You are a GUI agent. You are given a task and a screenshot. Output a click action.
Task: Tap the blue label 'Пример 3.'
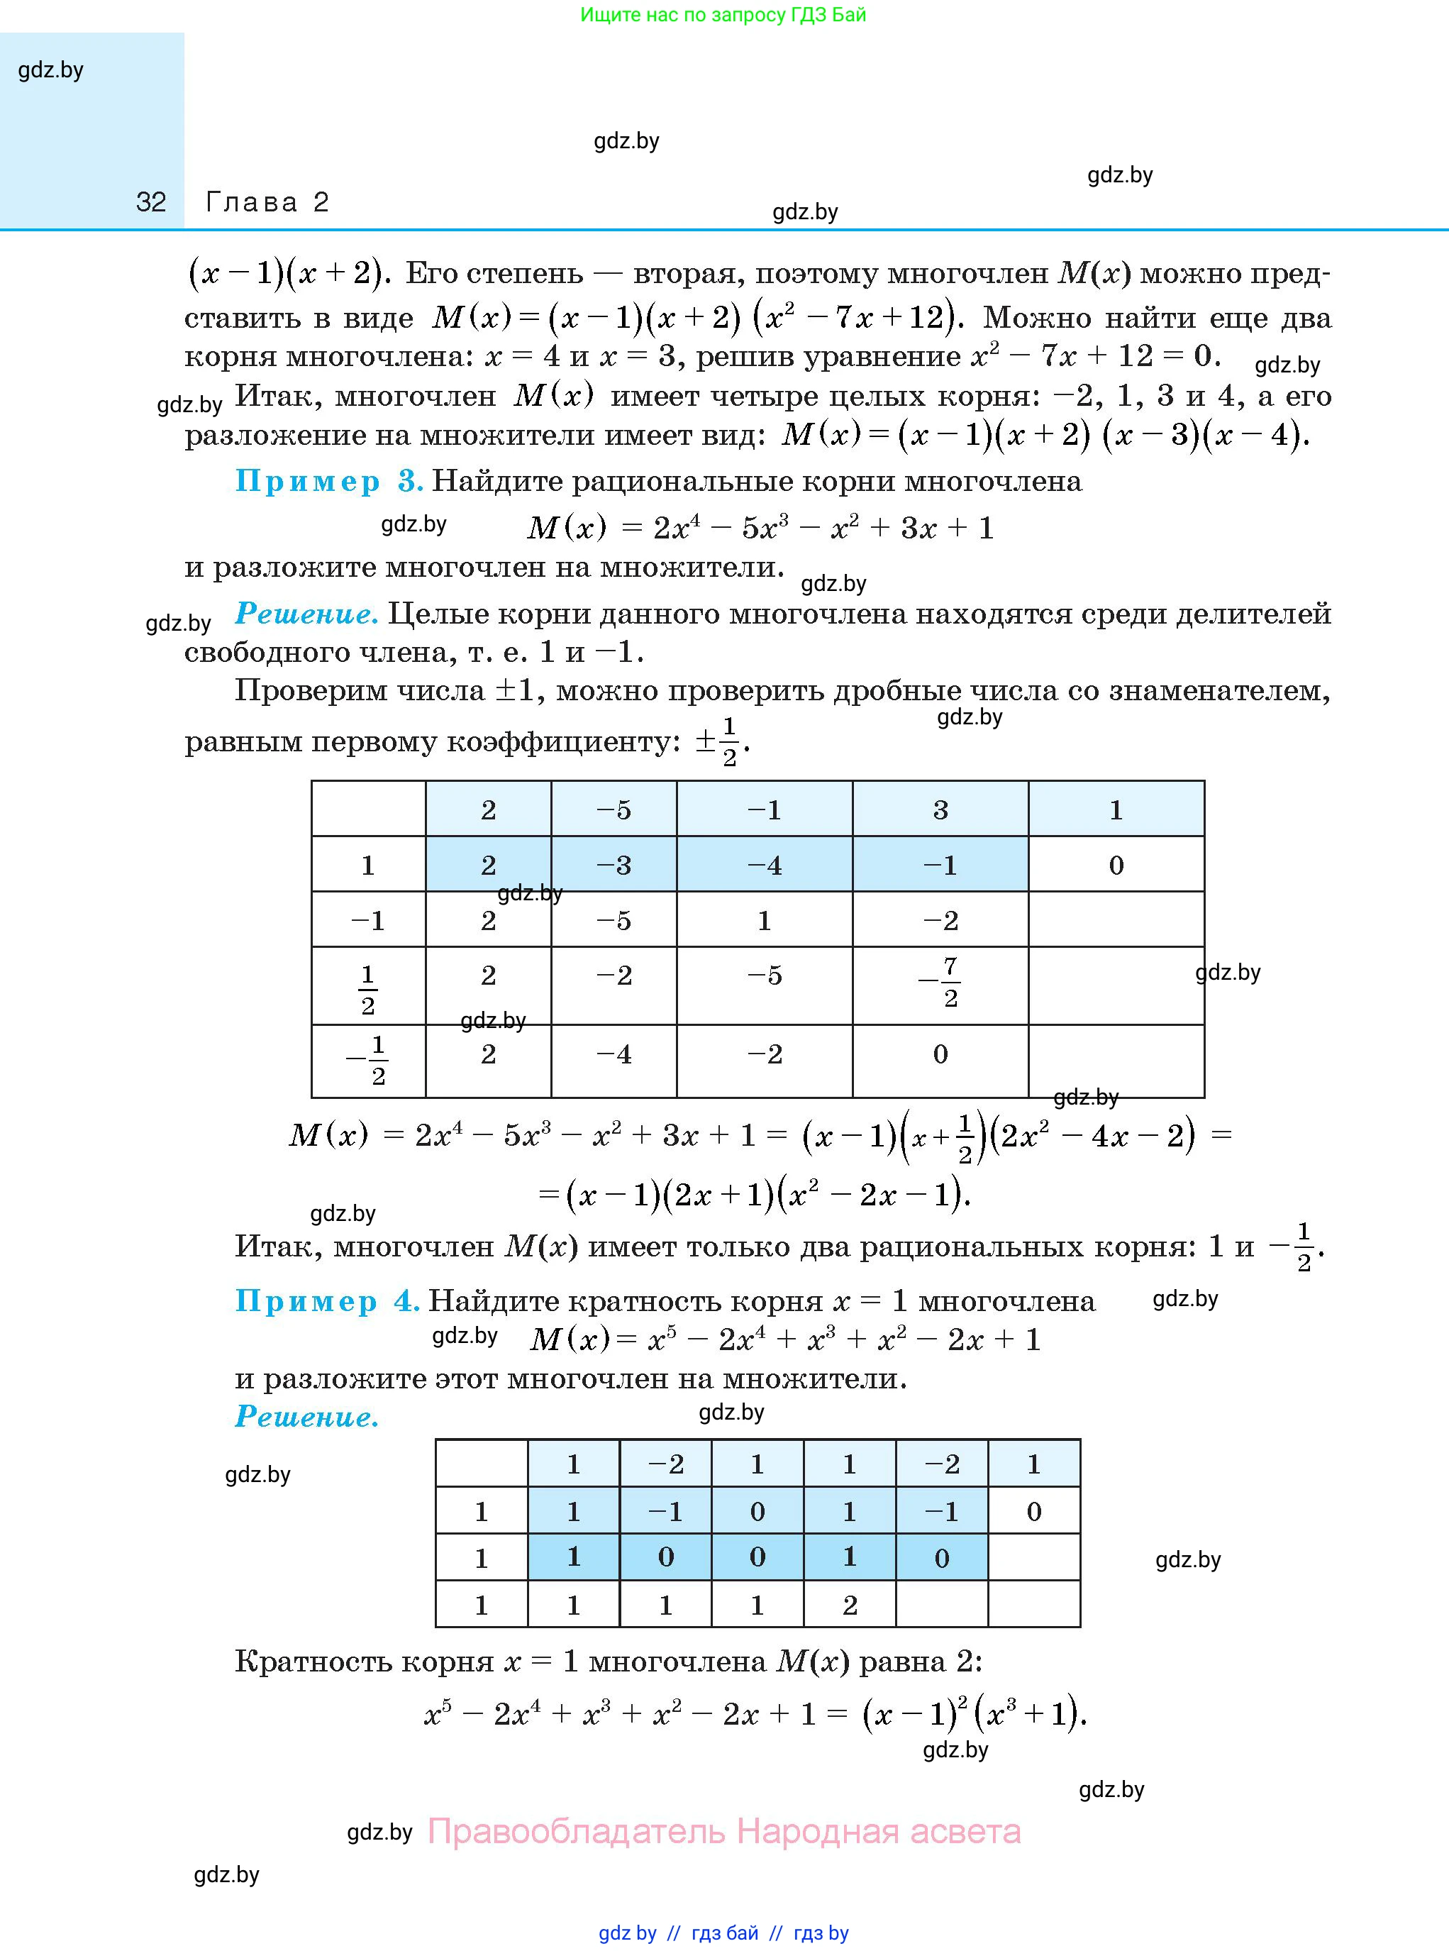(329, 481)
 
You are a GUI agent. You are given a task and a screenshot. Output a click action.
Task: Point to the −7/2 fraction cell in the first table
(940, 983)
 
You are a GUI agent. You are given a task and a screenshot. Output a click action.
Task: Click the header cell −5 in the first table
(613, 809)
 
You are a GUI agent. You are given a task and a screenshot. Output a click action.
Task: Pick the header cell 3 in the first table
(940, 809)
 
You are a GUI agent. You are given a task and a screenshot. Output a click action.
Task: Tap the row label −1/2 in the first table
(368, 1060)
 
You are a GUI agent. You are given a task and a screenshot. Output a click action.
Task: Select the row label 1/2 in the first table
(367, 989)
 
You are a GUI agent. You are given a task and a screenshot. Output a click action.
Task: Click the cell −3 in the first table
(613, 865)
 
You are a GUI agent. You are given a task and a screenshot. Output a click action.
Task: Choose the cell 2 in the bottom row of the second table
(849, 1605)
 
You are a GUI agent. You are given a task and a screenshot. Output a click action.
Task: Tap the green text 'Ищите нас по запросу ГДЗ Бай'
(723, 15)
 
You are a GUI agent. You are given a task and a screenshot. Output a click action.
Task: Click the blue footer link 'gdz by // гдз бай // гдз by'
(723, 1933)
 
